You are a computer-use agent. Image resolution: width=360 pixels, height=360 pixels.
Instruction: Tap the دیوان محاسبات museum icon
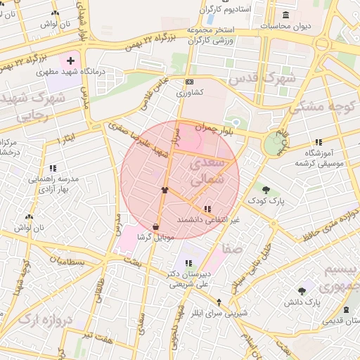[285, 15]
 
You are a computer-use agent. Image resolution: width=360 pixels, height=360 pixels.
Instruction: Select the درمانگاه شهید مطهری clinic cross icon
[70, 61]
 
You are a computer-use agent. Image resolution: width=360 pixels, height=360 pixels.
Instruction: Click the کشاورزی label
[189, 92]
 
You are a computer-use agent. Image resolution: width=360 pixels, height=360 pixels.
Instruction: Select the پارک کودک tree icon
[266, 189]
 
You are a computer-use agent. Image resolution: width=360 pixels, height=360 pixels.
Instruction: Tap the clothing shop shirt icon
[165, 189]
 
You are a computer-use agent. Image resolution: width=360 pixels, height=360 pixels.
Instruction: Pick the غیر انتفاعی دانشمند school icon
[207, 209]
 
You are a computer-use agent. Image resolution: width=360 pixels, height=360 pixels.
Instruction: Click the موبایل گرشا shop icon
[155, 226]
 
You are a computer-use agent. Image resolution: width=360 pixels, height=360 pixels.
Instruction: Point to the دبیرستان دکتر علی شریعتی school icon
[188, 263]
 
